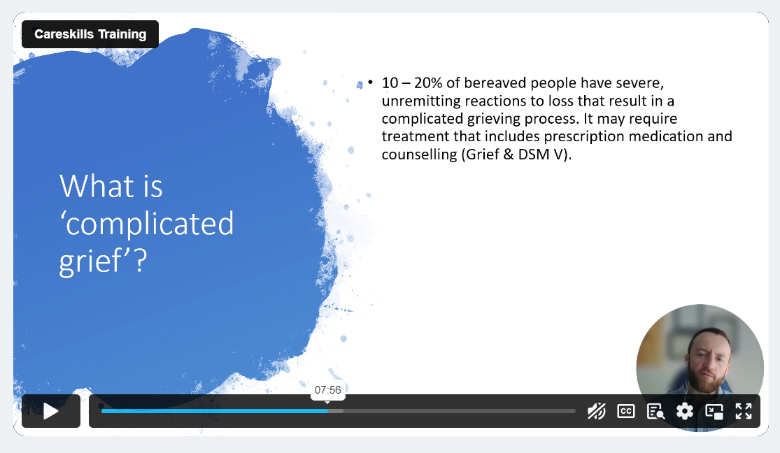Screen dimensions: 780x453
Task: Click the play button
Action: click(51, 411)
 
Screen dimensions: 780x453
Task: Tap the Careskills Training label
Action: click(90, 34)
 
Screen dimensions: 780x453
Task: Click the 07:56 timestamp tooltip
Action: click(328, 390)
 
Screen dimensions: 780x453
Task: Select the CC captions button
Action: click(626, 411)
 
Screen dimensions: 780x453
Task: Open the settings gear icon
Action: click(685, 411)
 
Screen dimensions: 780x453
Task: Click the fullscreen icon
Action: click(744, 411)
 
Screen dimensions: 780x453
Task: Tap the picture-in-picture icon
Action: click(714, 411)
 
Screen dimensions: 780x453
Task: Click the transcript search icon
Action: click(655, 411)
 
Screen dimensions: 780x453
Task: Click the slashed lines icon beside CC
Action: click(597, 411)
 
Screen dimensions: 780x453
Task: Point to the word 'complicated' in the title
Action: click(150, 224)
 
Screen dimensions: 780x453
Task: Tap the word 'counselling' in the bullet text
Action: click(419, 154)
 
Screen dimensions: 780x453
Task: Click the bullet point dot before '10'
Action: click(370, 82)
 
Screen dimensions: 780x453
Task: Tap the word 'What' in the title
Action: click(97, 186)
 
